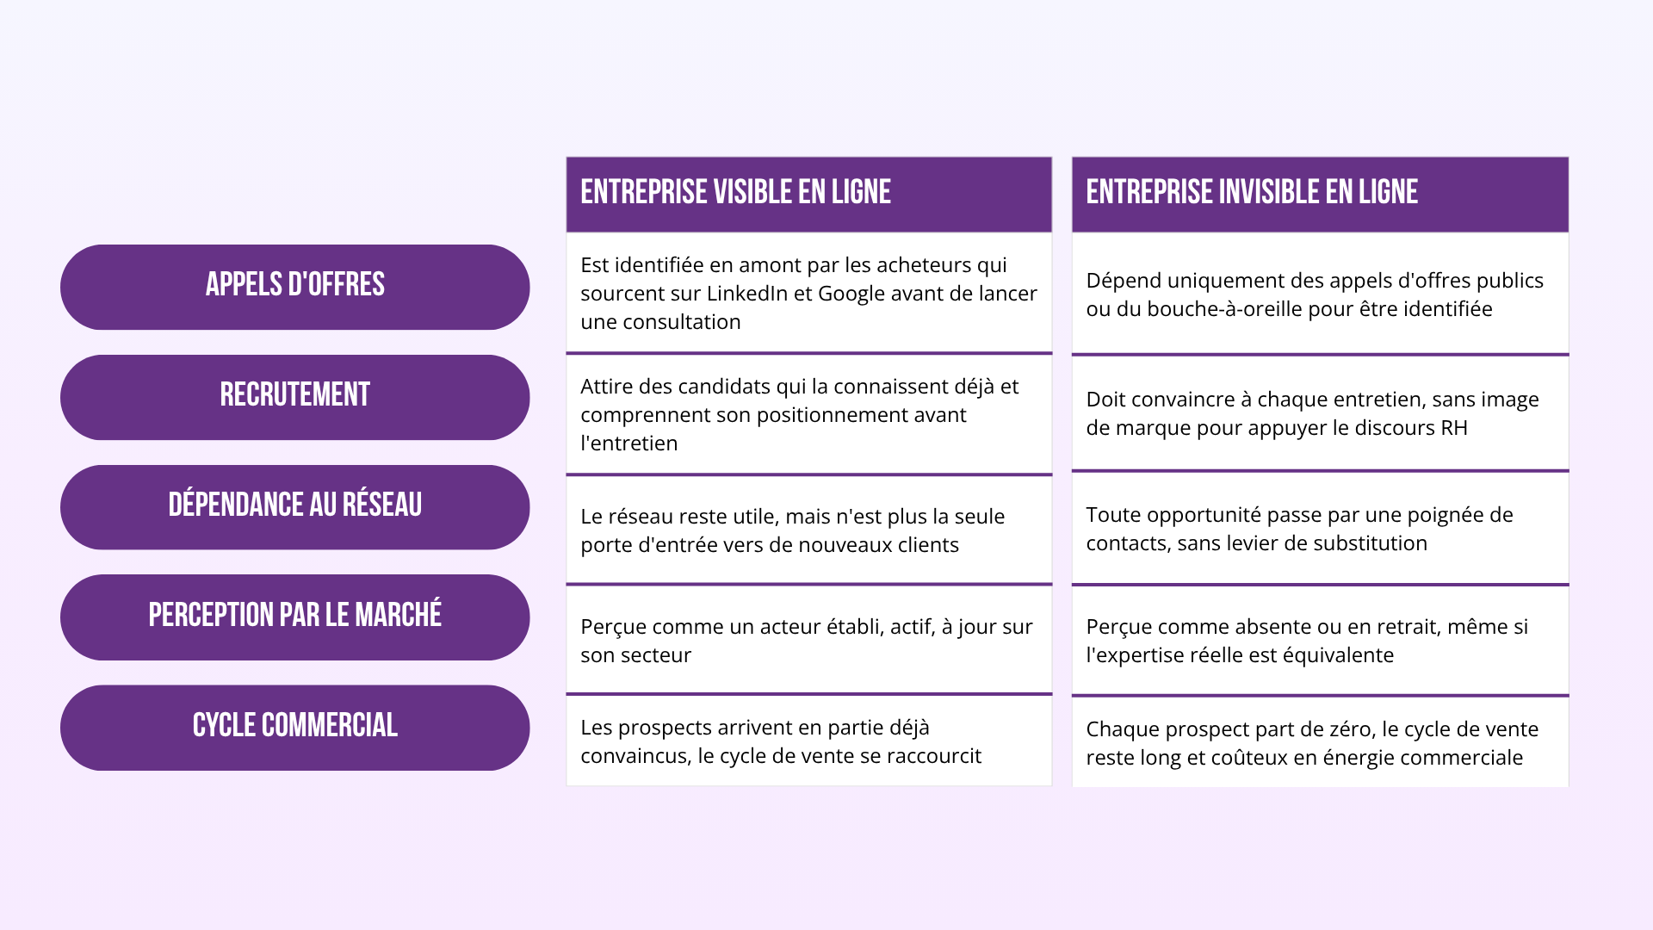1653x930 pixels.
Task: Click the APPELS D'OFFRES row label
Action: click(294, 285)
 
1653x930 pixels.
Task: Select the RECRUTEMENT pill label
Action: click(294, 395)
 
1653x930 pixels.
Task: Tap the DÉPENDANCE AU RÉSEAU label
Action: click(294, 505)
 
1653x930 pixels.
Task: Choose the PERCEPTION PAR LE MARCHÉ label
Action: click(294, 615)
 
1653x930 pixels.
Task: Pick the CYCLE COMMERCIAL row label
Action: click(294, 725)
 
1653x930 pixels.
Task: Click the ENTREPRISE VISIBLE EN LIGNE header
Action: click(735, 192)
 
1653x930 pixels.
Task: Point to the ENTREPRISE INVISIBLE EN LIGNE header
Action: click(1252, 192)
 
